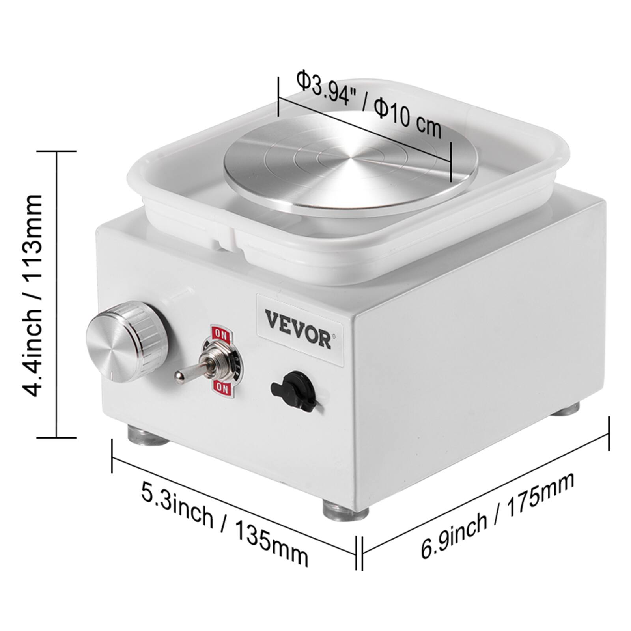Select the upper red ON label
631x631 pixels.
click(218, 334)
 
